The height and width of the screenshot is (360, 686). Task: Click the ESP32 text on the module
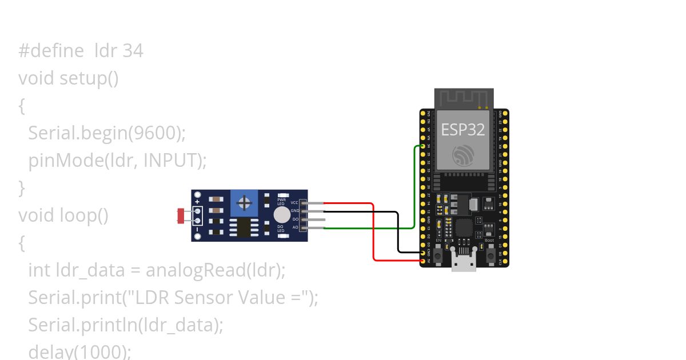[x=462, y=130]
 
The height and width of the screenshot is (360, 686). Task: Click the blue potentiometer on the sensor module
[x=245, y=203]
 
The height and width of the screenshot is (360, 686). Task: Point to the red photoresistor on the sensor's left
[x=182, y=215]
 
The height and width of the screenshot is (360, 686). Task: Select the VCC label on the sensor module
[x=294, y=203]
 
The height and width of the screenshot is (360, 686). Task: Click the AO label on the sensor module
[x=296, y=227]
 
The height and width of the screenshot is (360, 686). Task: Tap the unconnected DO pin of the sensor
[x=317, y=219]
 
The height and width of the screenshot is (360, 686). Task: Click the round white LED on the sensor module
[x=281, y=215]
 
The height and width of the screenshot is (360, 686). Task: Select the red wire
[x=373, y=234]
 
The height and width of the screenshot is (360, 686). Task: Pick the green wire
[x=414, y=189]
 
